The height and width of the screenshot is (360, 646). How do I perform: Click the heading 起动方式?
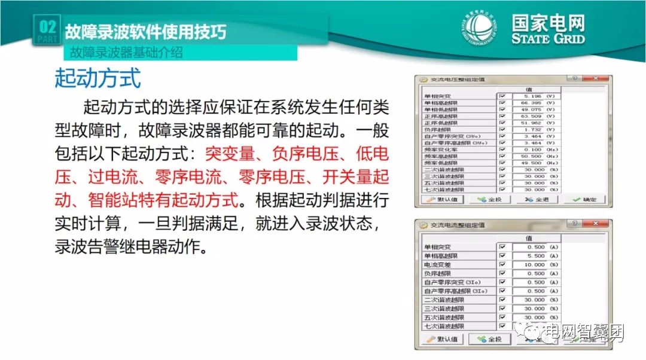click(x=97, y=78)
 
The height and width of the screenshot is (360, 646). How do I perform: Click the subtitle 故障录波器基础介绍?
click(x=126, y=53)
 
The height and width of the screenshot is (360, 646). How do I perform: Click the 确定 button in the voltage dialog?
click(x=584, y=200)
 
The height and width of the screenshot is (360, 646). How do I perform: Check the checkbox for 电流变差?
click(x=502, y=264)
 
